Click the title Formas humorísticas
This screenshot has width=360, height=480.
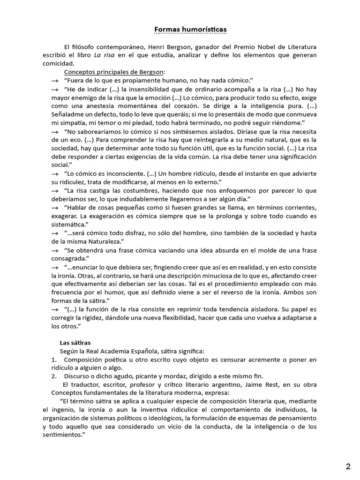(x=190, y=30)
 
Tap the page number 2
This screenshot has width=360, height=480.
(x=348, y=466)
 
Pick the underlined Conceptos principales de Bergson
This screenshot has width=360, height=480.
(x=114, y=72)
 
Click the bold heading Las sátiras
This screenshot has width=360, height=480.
(x=75, y=343)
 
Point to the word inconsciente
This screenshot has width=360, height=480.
(x=119, y=174)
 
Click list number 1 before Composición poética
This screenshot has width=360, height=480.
(x=53, y=360)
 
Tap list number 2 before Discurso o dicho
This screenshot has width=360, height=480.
(x=53, y=376)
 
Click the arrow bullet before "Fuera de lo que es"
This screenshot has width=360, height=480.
(x=55, y=81)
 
